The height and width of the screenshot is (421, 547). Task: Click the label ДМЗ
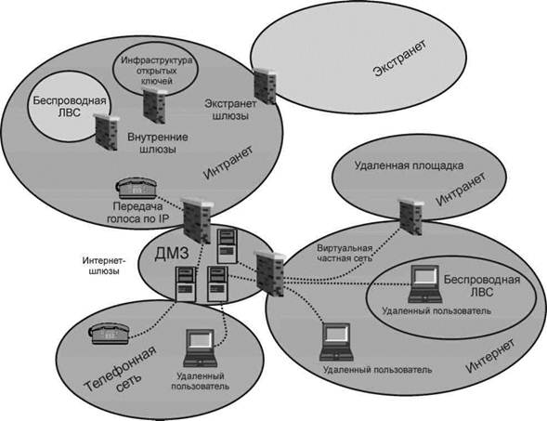tap(172, 253)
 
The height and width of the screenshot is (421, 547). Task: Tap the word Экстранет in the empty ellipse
tap(399, 59)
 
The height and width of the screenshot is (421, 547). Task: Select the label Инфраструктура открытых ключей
tap(156, 71)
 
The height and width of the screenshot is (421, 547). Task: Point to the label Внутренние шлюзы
tap(158, 143)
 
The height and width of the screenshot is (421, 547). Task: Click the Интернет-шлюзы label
tap(104, 266)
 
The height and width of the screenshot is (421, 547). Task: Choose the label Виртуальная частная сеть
tap(345, 254)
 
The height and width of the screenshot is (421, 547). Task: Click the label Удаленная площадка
tap(409, 165)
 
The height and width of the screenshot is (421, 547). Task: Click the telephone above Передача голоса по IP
tap(137, 188)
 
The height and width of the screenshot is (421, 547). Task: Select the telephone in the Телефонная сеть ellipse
tap(109, 333)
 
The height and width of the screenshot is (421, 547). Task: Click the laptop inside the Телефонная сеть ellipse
tap(200, 348)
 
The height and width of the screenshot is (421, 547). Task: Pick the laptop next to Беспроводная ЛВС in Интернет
tap(425, 283)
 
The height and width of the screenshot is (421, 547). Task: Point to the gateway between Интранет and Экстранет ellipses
tap(265, 86)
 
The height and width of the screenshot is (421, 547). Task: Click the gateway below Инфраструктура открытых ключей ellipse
tap(154, 106)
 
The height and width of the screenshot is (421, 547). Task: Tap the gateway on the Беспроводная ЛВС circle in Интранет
tap(107, 132)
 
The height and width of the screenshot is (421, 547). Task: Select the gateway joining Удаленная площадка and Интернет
tap(411, 217)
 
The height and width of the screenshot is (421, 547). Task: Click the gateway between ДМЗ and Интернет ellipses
tap(270, 274)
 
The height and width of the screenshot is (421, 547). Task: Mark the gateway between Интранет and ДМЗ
tap(197, 220)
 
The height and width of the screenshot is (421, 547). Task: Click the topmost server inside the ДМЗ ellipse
tap(228, 245)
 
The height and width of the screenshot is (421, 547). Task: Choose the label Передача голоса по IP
tap(137, 213)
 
